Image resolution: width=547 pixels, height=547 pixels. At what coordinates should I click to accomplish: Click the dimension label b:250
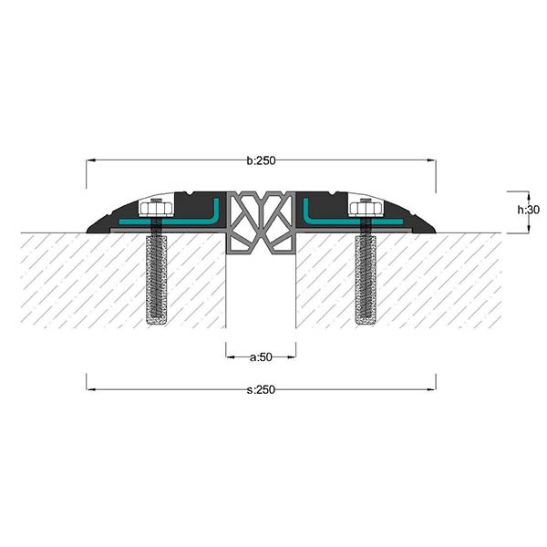tap(261, 160)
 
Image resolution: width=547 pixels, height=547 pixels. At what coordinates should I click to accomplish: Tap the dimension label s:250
tap(261, 389)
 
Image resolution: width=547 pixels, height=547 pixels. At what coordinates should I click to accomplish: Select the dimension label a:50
tap(261, 356)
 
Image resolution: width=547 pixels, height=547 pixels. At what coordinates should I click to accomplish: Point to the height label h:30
tap(528, 210)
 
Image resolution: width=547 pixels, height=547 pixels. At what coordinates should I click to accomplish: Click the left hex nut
tap(156, 209)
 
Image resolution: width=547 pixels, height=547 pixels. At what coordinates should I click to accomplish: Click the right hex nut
tap(366, 209)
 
